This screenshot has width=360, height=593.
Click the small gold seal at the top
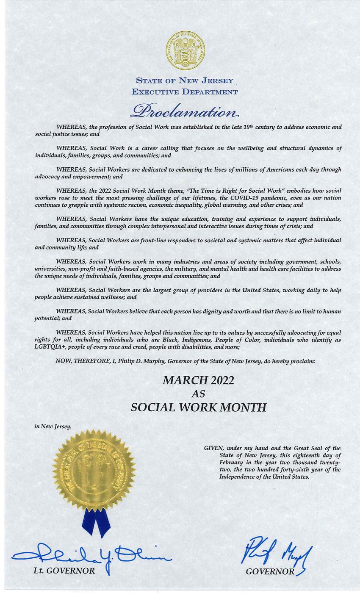pos(185,50)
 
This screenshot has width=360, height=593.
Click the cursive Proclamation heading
pos(185,111)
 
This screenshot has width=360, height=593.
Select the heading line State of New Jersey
pos(185,80)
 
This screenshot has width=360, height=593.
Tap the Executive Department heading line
pos(185,91)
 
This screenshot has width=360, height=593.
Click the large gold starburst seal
pos(94,470)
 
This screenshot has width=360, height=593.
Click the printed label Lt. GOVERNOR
pos(64,571)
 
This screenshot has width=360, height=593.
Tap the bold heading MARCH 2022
pos(198,380)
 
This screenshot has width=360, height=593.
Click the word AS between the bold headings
pos(198,394)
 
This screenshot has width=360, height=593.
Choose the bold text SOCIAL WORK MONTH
pos(199,407)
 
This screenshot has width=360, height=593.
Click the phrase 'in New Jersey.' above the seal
pos(53,426)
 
